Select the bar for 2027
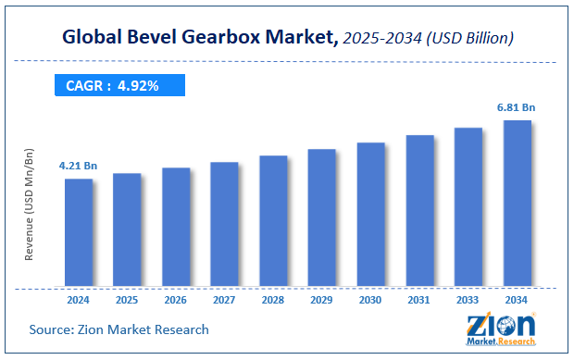click(224, 223)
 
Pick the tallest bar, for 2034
click(517, 203)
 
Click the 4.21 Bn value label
click(79, 167)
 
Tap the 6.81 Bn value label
click(517, 107)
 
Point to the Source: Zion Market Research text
click(119, 329)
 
